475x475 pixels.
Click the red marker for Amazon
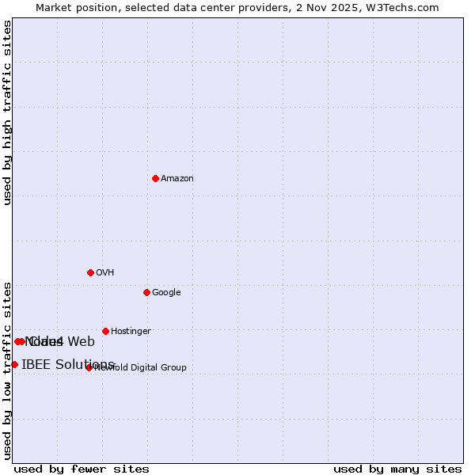coord(155,178)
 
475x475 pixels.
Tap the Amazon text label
coord(177,179)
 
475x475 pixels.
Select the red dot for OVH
coord(90,272)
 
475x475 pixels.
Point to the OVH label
coord(105,273)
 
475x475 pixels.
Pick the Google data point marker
coord(146,292)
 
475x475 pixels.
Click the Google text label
coord(166,293)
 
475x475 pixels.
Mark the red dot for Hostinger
coord(105,331)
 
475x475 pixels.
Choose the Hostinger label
coord(131,332)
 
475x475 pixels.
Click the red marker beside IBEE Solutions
coord(14,364)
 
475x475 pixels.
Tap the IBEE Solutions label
coord(68,364)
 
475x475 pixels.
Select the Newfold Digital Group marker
coord(89,367)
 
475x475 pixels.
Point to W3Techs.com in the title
coord(405,7)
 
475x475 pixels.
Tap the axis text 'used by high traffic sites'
coord(8,113)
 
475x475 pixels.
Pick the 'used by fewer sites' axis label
coord(82,469)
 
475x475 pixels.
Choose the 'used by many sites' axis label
coord(397,469)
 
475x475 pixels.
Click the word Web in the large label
coord(81,342)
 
